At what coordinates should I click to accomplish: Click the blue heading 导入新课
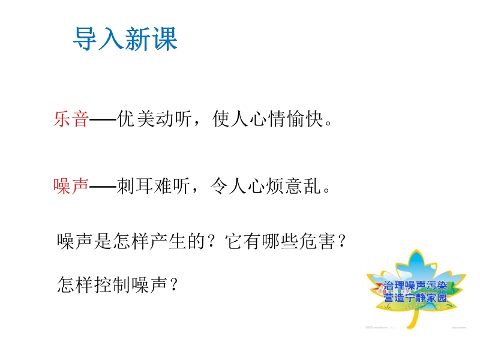click(x=125, y=38)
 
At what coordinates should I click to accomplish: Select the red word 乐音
click(x=71, y=119)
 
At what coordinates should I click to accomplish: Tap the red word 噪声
click(x=71, y=186)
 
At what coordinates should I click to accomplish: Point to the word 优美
click(x=136, y=119)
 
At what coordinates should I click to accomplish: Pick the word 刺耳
click(x=134, y=186)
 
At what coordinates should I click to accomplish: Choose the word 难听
click(x=172, y=186)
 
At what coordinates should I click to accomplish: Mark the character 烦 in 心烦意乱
click(x=275, y=186)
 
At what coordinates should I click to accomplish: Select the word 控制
click(x=113, y=284)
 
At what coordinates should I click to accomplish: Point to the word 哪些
click(x=280, y=241)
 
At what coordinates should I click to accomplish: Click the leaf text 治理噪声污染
click(x=415, y=286)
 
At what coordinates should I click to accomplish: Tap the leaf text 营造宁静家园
click(x=415, y=298)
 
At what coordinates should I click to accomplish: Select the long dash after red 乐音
click(x=103, y=119)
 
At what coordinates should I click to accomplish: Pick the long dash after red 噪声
click(x=103, y=187)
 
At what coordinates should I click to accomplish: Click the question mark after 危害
click(x=342, y=241)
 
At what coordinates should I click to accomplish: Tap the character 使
click(x=221, y=119)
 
